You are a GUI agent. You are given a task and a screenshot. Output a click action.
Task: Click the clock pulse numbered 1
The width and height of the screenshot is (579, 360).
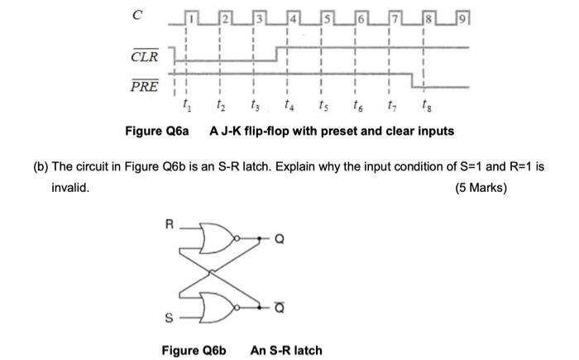[189, 17]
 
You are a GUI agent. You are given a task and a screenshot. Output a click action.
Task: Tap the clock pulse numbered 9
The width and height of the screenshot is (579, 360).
[462, 17]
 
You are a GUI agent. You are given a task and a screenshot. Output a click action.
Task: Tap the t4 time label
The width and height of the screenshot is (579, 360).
[286, 106]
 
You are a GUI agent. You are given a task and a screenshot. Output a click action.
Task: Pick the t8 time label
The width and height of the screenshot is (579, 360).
[423, 106]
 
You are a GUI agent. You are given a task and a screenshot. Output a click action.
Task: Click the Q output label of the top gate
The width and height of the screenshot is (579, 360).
[279, 241]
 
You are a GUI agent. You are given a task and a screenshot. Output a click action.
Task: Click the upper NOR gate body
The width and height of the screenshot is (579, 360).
[218, 240]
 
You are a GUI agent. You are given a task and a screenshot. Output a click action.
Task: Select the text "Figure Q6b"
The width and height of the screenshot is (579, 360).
[194, 350]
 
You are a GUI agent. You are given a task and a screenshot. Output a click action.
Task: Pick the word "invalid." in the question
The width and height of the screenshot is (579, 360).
[70, 188]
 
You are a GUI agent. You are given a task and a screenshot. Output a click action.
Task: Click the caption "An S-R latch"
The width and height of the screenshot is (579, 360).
[286, 350]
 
